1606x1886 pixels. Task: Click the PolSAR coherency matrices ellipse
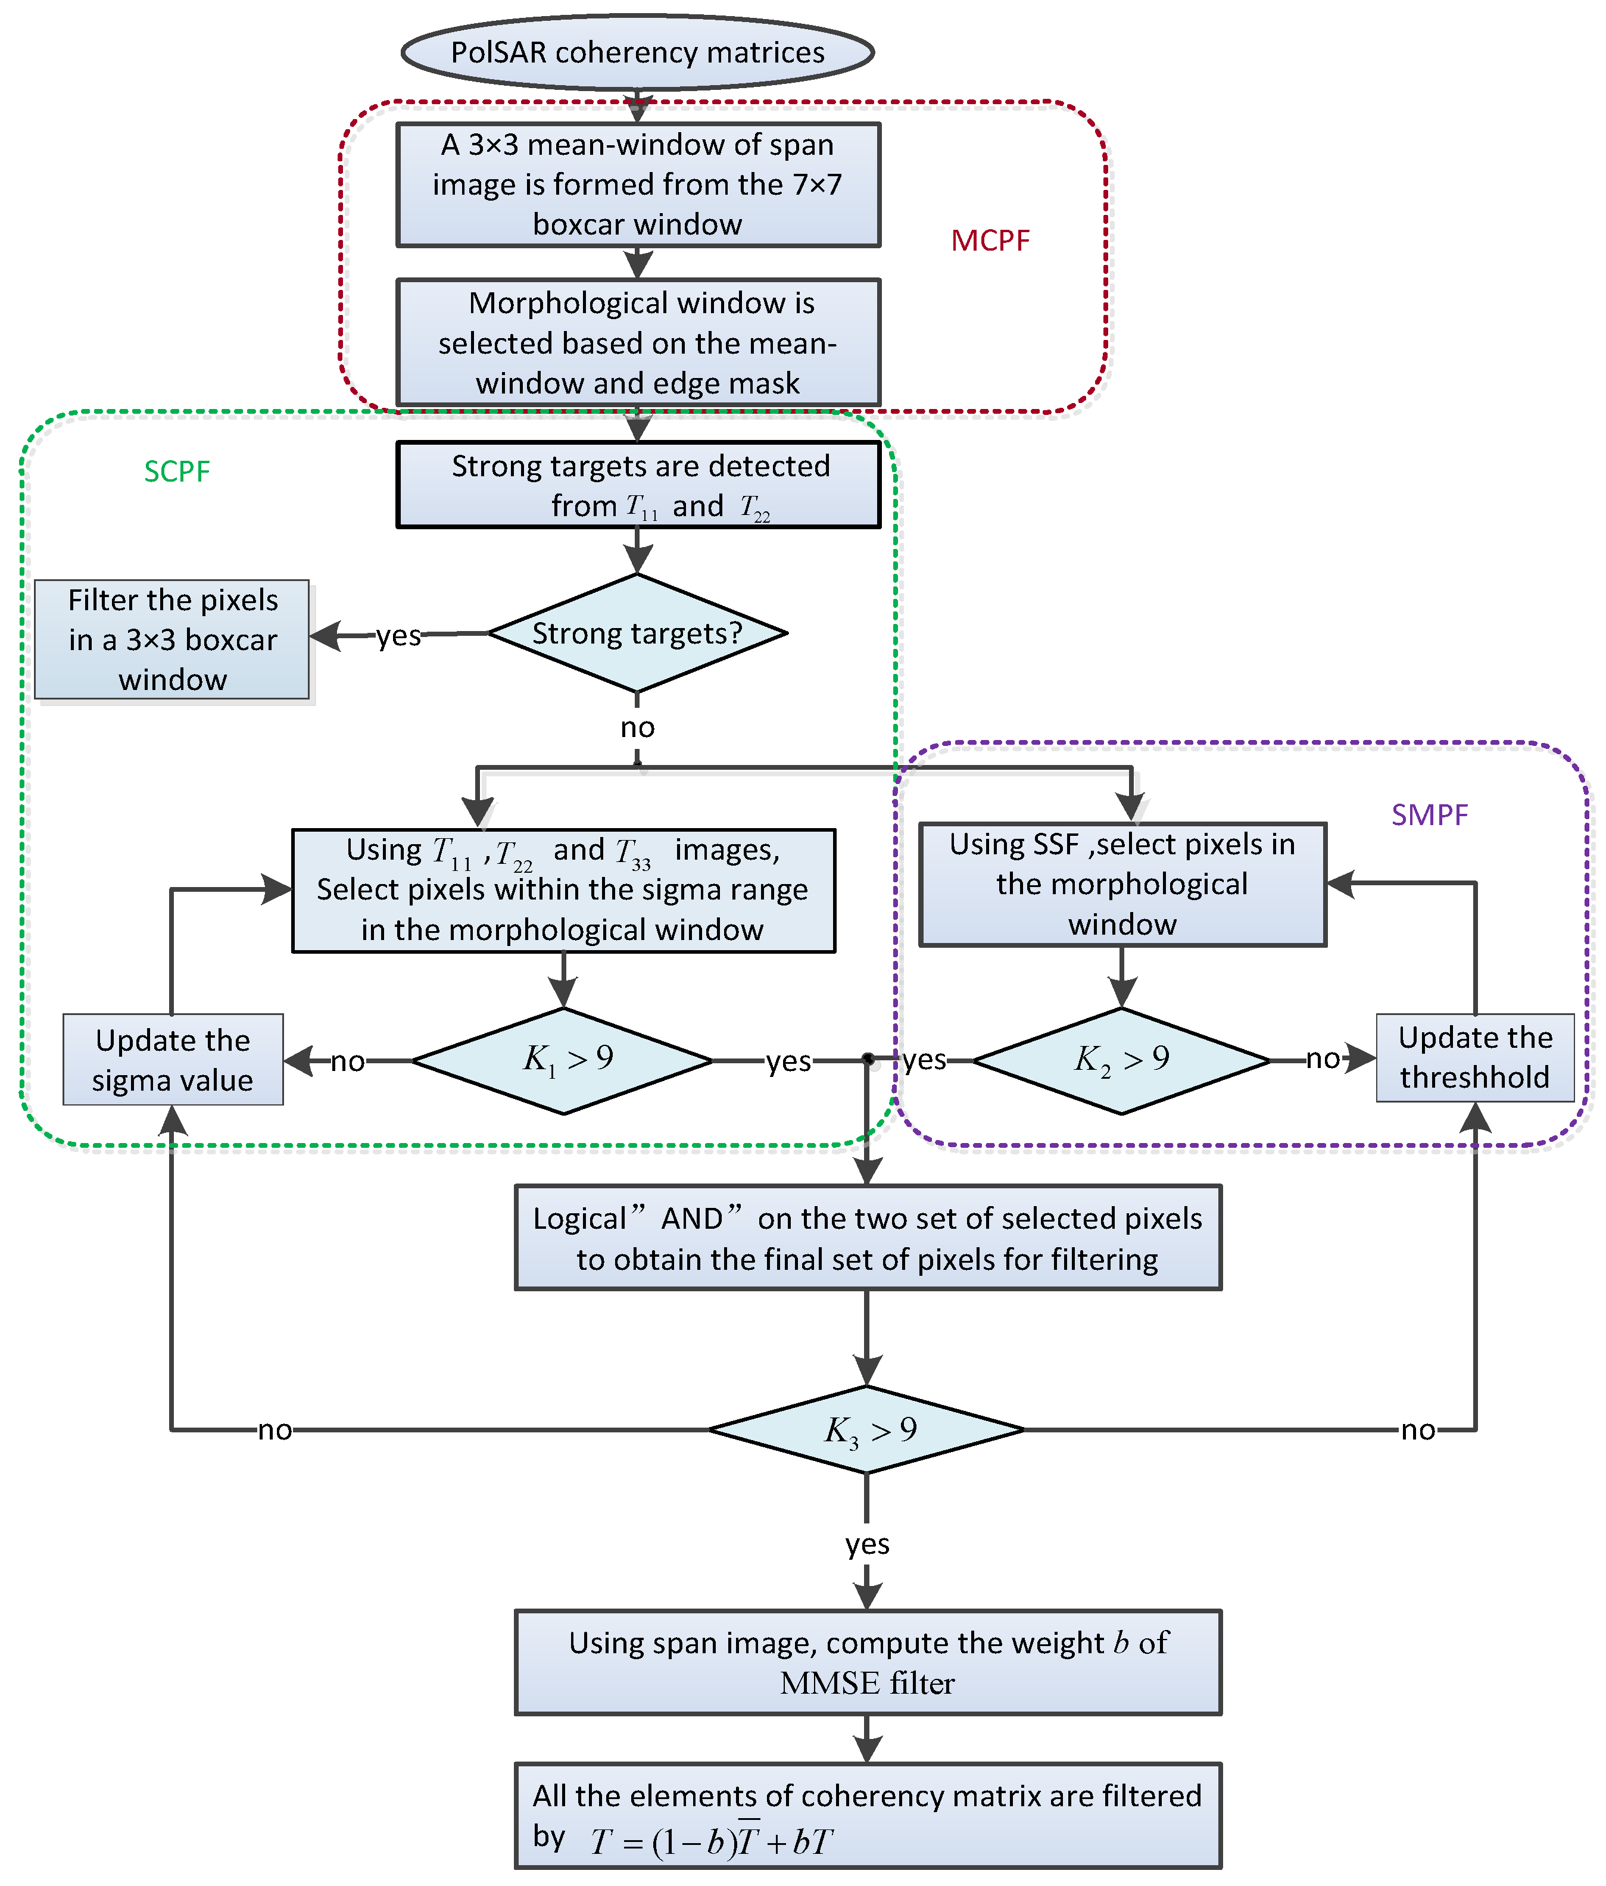[x=637, y=52]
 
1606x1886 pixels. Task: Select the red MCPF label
[x=990, y=241]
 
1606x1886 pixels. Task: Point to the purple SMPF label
[x=1429, y=814]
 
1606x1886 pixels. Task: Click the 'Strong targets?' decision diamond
[x=637, y=633]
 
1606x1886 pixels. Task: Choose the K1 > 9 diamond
[x=563, y=1060]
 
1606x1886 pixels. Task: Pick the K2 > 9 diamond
[x=1122, y=1060]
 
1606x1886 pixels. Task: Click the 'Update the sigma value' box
[x=173, y=1060]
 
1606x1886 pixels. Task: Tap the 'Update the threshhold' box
[x=1475, y=1058]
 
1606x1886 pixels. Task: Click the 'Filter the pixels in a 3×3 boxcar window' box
[x=172, y=640]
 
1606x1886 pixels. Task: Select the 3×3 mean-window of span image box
[x=638, y=185]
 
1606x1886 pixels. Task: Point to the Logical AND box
[x=868, y=1238]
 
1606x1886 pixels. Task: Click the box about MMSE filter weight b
[x=868, y=1662]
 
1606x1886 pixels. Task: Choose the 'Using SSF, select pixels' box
[x=1122, y=885]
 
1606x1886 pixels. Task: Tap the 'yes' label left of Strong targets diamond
[x=399, y=635]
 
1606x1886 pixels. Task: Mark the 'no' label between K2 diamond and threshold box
[x=1323, y=1058]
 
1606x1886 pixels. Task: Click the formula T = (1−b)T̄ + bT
[x=711, y=1841]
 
